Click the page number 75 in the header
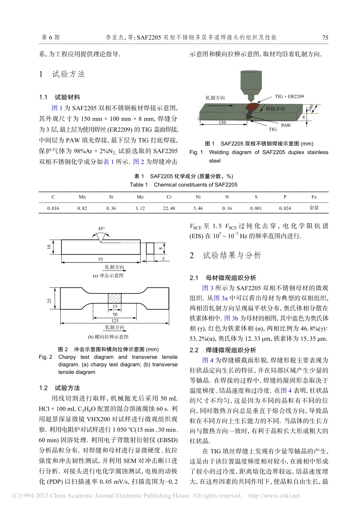[325, 38]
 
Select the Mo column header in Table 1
[140, 197]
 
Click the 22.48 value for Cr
[169, 208]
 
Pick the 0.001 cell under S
[256, 208]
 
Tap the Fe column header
[314, 197]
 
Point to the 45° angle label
[102, 229]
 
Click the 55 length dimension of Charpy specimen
[100, 259]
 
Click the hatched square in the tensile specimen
[115, 298]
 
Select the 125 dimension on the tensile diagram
[115, 321]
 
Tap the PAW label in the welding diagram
[286, 125]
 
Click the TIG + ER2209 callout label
[289, 97]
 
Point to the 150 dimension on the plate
[222, 122]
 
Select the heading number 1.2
[43, 388]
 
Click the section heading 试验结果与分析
[232, 256]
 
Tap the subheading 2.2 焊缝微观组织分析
[223, 350]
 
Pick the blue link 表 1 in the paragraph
[109, 162]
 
